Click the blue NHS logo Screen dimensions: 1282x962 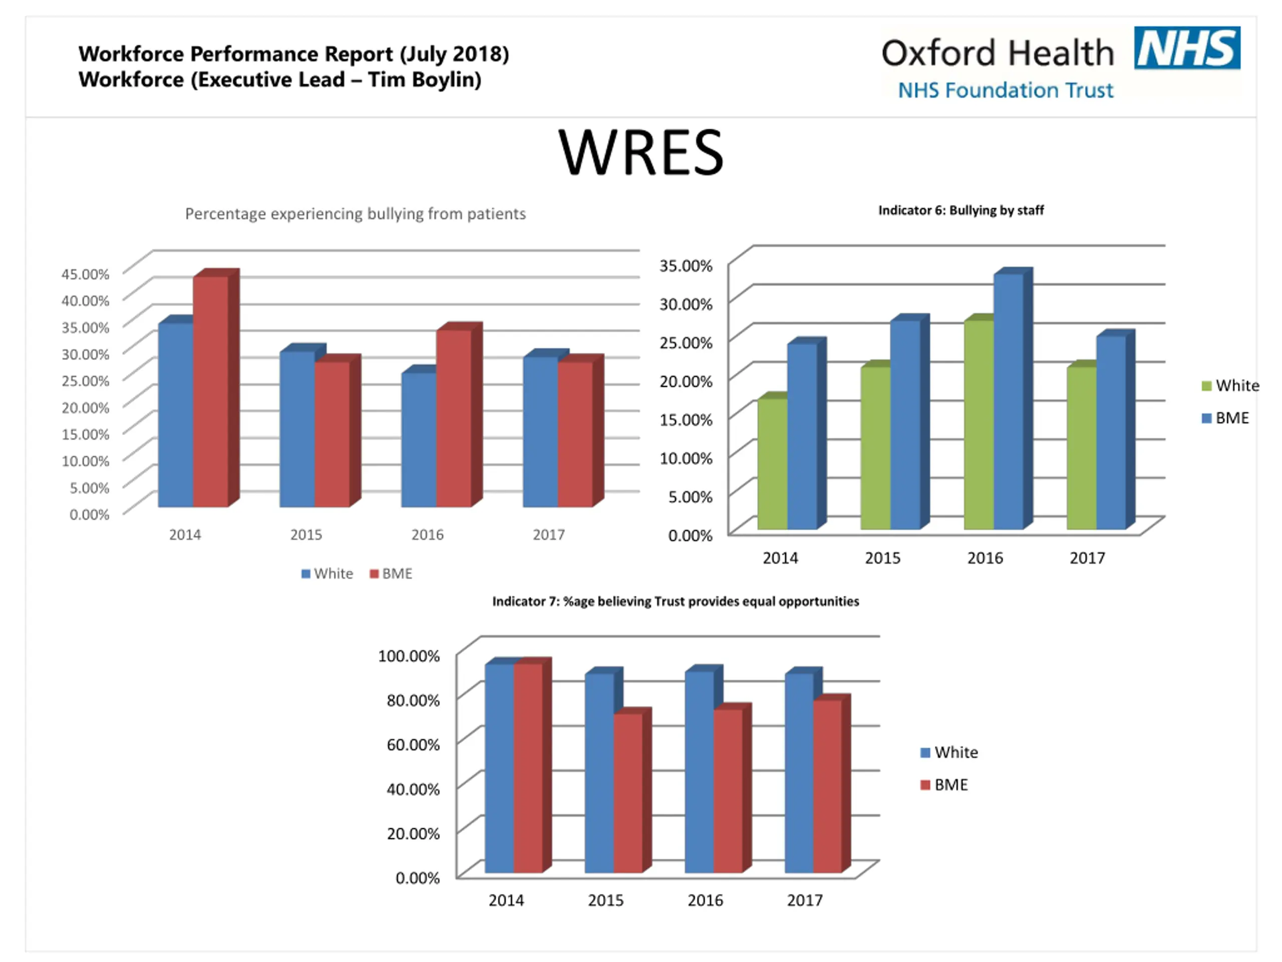tap(1187, 48)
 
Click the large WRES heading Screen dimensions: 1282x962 tap(641, 152)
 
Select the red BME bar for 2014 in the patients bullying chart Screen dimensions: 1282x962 tap(211, 391)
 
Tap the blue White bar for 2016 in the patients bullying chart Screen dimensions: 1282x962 tap(419, 439)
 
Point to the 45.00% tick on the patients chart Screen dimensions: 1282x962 tap(86, 274)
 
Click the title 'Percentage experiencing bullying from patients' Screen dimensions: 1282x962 tap(355, 214)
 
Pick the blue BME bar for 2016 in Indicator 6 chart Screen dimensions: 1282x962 tap(1009, 401)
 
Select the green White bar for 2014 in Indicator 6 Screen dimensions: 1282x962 tap(773, 464)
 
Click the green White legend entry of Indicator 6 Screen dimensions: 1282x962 tap(1230, 386)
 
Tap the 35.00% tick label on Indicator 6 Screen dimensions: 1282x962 tap(686, 266)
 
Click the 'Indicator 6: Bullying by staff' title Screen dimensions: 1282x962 tap(961, 210)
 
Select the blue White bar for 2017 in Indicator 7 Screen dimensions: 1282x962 tap(799, 773)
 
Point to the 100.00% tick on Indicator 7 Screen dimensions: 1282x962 tap(409, 656)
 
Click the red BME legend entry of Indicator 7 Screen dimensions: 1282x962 tap(944, 785)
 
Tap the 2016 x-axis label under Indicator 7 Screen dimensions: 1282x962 tap(705, 900)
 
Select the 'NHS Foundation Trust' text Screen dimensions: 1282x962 tap(1006, 91)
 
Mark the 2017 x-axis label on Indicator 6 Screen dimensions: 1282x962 tap(1087, 558)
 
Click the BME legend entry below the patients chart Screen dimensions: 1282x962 tap(391, 574)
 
